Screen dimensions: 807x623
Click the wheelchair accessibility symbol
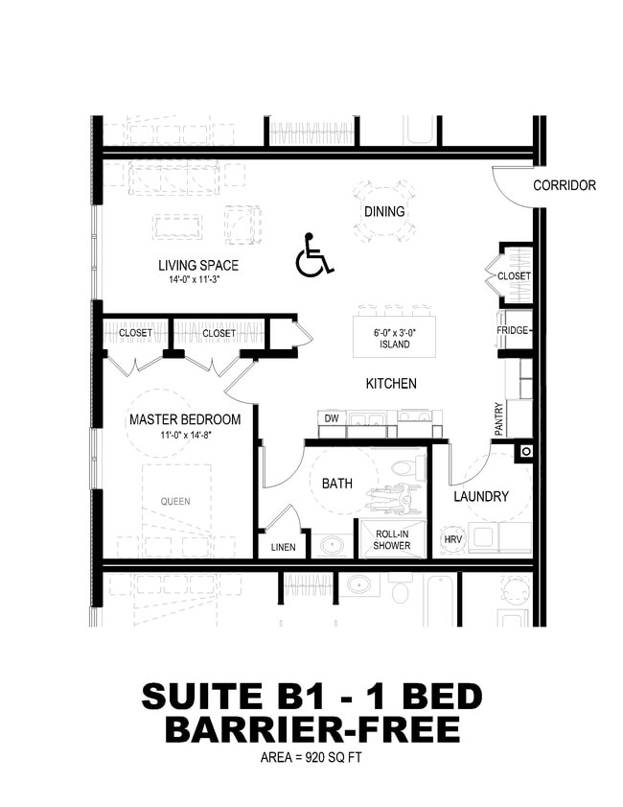[313, 255]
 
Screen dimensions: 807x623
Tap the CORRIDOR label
[564, 185]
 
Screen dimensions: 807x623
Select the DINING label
[384, 211]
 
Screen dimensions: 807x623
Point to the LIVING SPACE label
[198, 265]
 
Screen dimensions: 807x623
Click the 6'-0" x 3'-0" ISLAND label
[394, 337]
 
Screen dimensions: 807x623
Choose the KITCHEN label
[391, 384]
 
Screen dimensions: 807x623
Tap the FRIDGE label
[514, 330]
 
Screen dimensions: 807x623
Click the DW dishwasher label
[332, 418]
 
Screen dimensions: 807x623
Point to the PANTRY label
[498, 419]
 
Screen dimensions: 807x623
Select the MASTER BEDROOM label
[185, 419]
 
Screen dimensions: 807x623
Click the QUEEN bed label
[175, 501]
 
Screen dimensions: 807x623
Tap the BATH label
[336, 484]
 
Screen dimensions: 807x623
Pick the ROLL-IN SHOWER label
[392, 539]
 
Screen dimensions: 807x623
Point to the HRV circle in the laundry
[452, 541]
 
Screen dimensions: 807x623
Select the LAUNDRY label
[480, 496]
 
